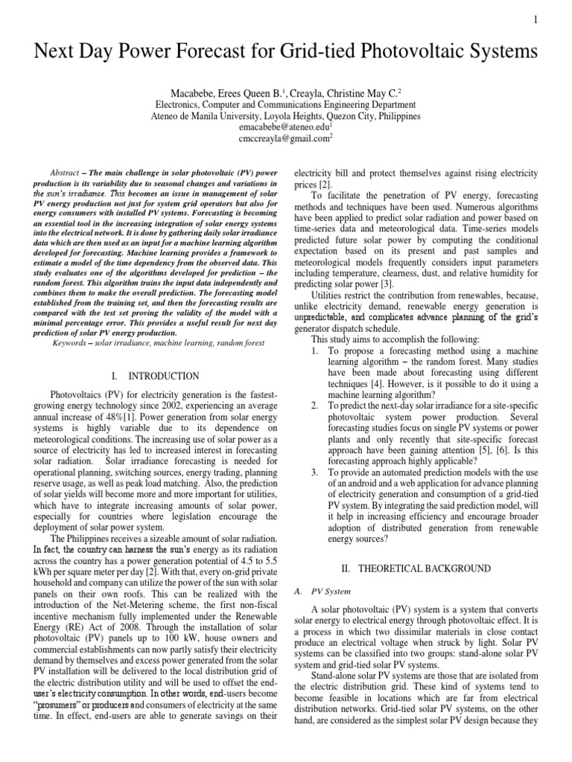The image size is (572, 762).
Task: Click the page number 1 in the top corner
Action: [556, 19]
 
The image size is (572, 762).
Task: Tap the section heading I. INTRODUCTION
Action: [155, 376]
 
